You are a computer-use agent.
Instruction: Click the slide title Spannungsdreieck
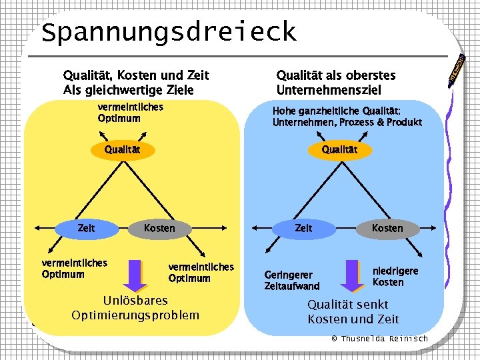[168, 32]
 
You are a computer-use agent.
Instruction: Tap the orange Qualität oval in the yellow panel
[123, 149]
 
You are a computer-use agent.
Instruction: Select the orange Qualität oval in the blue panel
[339, 149]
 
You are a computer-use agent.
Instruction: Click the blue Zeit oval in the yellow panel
[86, 228]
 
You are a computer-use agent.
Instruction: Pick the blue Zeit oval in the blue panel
[303, 228]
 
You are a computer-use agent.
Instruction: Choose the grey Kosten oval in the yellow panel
[159, 228]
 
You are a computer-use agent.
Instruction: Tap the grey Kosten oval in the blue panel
[387, 228]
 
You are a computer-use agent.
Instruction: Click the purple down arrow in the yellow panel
[135, 273]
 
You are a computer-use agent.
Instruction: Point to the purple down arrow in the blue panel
[352, 274]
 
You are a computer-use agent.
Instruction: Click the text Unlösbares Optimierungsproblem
[135, 307]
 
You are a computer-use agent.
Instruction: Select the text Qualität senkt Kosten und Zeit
[353, 311]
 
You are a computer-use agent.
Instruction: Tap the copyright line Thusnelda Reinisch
[379, 339]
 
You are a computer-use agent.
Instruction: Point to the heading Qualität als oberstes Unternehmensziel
[335, 83]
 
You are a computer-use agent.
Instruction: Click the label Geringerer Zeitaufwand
[292, 280]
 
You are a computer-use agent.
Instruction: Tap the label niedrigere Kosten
[395, 276]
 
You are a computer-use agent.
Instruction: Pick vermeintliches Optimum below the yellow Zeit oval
[74, 268]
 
